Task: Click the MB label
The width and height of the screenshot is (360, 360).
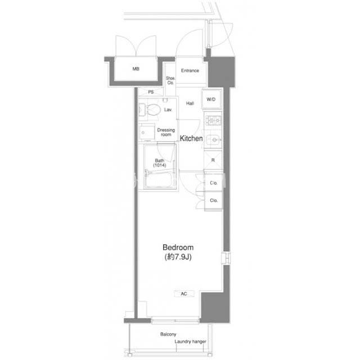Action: (x=136, y=69)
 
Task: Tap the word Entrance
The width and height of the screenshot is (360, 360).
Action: (x=190, y=70)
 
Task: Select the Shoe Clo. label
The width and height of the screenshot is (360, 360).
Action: (x=170, y=80)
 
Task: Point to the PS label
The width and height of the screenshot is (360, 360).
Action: (x=151, y=92)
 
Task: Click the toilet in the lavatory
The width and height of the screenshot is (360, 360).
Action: (x=152, y=110)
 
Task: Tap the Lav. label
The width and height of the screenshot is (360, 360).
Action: (x=168, y=110)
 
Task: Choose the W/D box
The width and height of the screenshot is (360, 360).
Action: (x=211, y=99)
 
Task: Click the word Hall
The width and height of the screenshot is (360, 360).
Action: (x=190, y=103)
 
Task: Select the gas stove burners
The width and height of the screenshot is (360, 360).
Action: (x=213, y=120)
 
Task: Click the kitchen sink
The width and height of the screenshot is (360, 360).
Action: (x=213, y=139)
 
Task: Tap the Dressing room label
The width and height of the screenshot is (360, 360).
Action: (x=166, y=132)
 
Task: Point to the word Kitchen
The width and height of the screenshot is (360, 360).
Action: (x=191, y=138)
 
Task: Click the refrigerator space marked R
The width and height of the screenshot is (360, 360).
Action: (x=213, y=160)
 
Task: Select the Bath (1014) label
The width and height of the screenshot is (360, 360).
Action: (x=160, y=163)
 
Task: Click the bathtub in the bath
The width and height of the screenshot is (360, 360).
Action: (x=159, y=180)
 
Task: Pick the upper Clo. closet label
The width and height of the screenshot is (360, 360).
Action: (x=214, y=183)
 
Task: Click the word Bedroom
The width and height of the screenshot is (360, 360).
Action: (x=178, y=247)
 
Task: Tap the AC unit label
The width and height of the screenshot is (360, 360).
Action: (x=184, y=294)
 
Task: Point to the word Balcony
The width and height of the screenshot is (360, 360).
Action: (x=168, y=334)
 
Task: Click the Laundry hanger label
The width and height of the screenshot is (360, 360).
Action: (x=190, y=341)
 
